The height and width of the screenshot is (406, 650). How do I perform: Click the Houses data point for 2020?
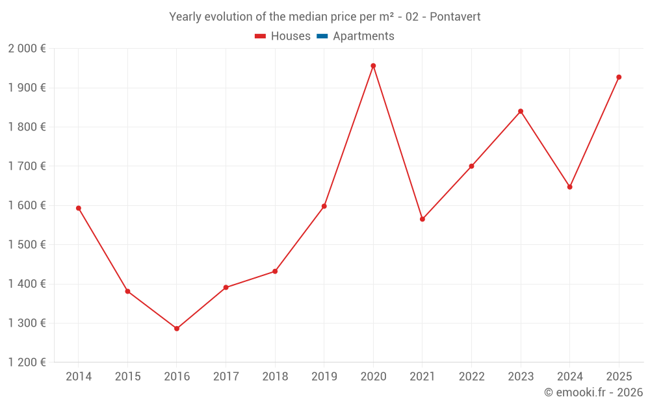coord(373,66)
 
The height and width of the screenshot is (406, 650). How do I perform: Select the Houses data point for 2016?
coord(177,329)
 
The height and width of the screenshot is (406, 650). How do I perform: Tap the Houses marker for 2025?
coord(619,77)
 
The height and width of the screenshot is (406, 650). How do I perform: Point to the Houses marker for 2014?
coord(78,209)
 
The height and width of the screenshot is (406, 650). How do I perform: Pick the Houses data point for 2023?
coord(521,111)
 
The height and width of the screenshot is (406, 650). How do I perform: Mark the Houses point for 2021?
coord(422,219)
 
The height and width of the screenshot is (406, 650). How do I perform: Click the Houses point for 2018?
coord(275,272)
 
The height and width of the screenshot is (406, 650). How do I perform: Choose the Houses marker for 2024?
coord(569,187)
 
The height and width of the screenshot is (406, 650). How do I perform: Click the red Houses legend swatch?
coord(261,36)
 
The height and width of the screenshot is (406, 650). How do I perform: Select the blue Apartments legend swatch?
coord(322,36)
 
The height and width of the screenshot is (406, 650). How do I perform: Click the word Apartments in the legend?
coord(363,36)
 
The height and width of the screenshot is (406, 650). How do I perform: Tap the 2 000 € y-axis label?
coord(27,49)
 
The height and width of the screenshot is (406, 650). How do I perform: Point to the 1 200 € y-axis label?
coord(27,362)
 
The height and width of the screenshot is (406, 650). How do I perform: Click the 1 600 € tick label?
coord(27,205)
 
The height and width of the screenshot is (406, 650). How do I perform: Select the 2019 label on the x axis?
coord(324,377)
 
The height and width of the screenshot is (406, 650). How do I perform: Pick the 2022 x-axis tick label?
coord(471,377)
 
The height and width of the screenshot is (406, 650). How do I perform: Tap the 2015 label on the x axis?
coord(127,377)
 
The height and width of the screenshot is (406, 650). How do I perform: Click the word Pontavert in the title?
coord(454,17)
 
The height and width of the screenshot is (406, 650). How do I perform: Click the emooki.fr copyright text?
coord(593,392)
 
